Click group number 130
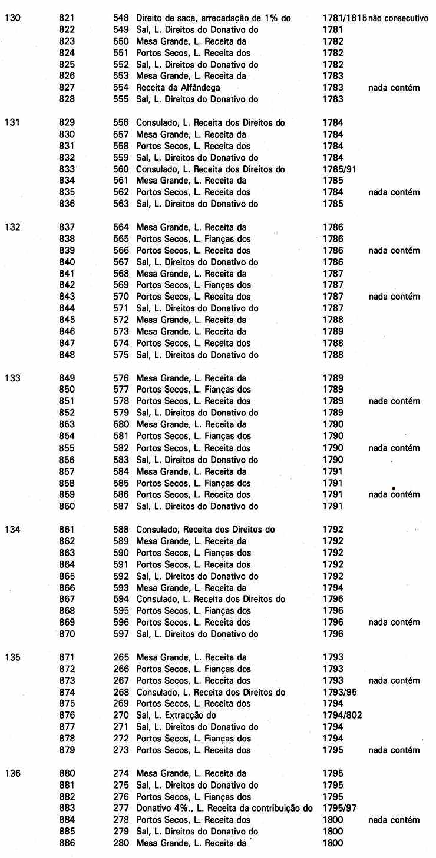pyautogui.click(x=12, y=18)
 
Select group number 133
pyautogui.click(x=12, y=378)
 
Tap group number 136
pyautogui.click(x=12, y=773)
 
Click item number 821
pyautogui.click(x=67, y=18)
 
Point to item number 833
pyautogui.click(x=67, y=169)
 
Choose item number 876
pyautogui.click(x=67, y=715)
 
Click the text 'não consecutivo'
pyautogui.click(x=399, y=18)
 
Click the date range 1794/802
pyautogui.click(x=342, y=715)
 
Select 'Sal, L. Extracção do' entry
pyautogui.click(x=176, y=715)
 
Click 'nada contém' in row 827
pyautogui.click(x=394, y=88)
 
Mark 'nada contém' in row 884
pyautogui.click(x=394, y=820)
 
